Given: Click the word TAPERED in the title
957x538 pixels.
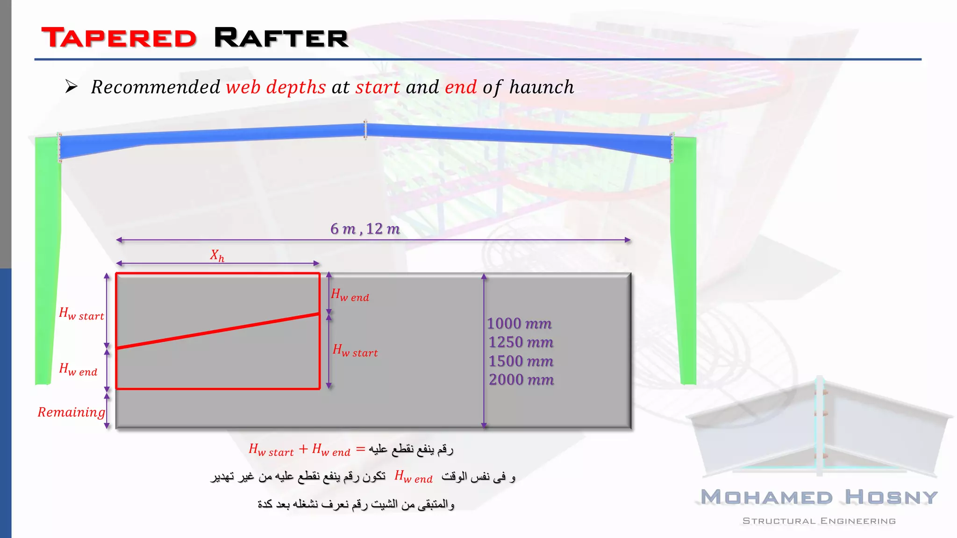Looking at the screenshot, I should pos(119,38).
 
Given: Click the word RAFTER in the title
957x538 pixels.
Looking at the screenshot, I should pos(281,38).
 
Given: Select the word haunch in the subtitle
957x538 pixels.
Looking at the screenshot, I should pos(542,87).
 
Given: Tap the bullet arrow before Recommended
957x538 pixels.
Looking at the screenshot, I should pos(71,86).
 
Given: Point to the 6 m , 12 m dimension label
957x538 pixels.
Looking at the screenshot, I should pos(365,229).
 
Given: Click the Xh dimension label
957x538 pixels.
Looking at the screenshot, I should pos(217,255).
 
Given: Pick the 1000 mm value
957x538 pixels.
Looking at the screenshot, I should pos(519,324).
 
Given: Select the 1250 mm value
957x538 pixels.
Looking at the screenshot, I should pos(521,342).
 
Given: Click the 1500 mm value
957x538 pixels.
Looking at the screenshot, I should pos(521,361).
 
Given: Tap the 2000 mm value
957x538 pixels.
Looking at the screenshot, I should pos(521,380).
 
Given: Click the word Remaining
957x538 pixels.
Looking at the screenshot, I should pos(71,412).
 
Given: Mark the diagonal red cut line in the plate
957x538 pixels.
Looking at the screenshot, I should pos(218,331).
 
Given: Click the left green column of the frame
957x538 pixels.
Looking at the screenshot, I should pos(47,262).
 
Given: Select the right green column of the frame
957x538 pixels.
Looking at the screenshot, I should pos(683,262).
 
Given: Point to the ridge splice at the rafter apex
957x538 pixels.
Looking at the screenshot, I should pos(365,130).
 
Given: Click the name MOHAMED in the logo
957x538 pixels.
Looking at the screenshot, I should pos(767,497).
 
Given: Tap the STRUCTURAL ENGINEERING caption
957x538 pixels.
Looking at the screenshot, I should pos(819,521).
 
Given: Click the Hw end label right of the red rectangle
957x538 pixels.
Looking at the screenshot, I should pos(350,296).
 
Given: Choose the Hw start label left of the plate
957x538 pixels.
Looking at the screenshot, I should pos(81,314).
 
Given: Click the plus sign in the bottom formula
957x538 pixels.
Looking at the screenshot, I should pos(303,449).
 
